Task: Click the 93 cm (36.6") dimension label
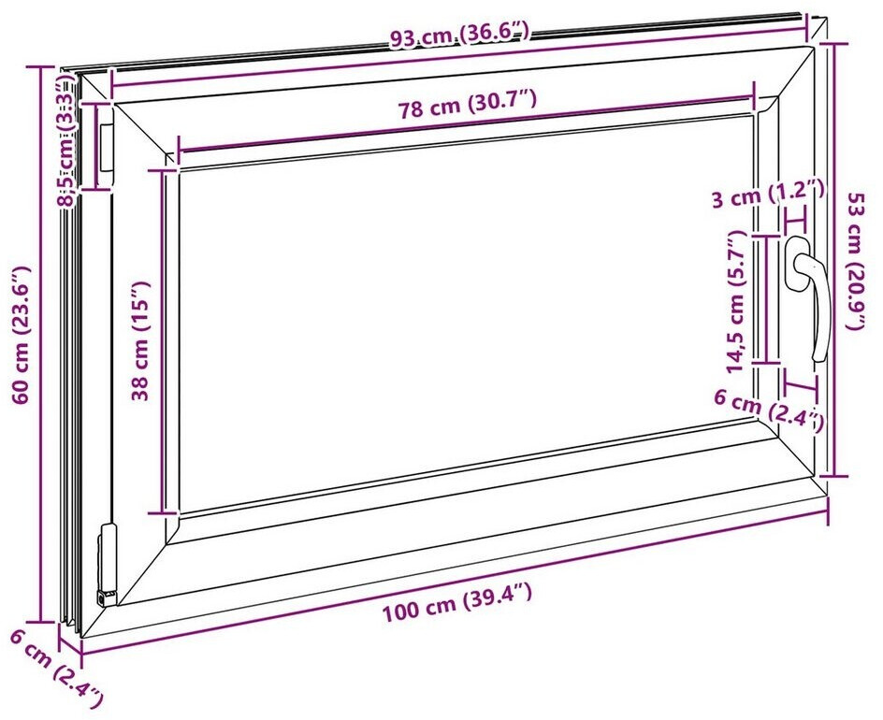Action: click(x=460, y=36)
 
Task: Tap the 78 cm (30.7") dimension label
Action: click(x=467, y=105)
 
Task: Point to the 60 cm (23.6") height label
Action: click(x=21, y=335)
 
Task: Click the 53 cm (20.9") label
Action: click(x=859, y=261)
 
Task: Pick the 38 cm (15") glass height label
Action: click(x=140, y=341)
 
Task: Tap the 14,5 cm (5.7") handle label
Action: click(x=735, y=301)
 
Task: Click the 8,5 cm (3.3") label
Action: click(x=68, y=143)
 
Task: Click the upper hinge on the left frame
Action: click(x=107, y=147)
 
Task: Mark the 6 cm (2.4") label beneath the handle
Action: click(x=769, y=410)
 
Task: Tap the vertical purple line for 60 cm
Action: click(x=41, y=344)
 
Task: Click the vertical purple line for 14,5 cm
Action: click(x=766, y=299)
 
